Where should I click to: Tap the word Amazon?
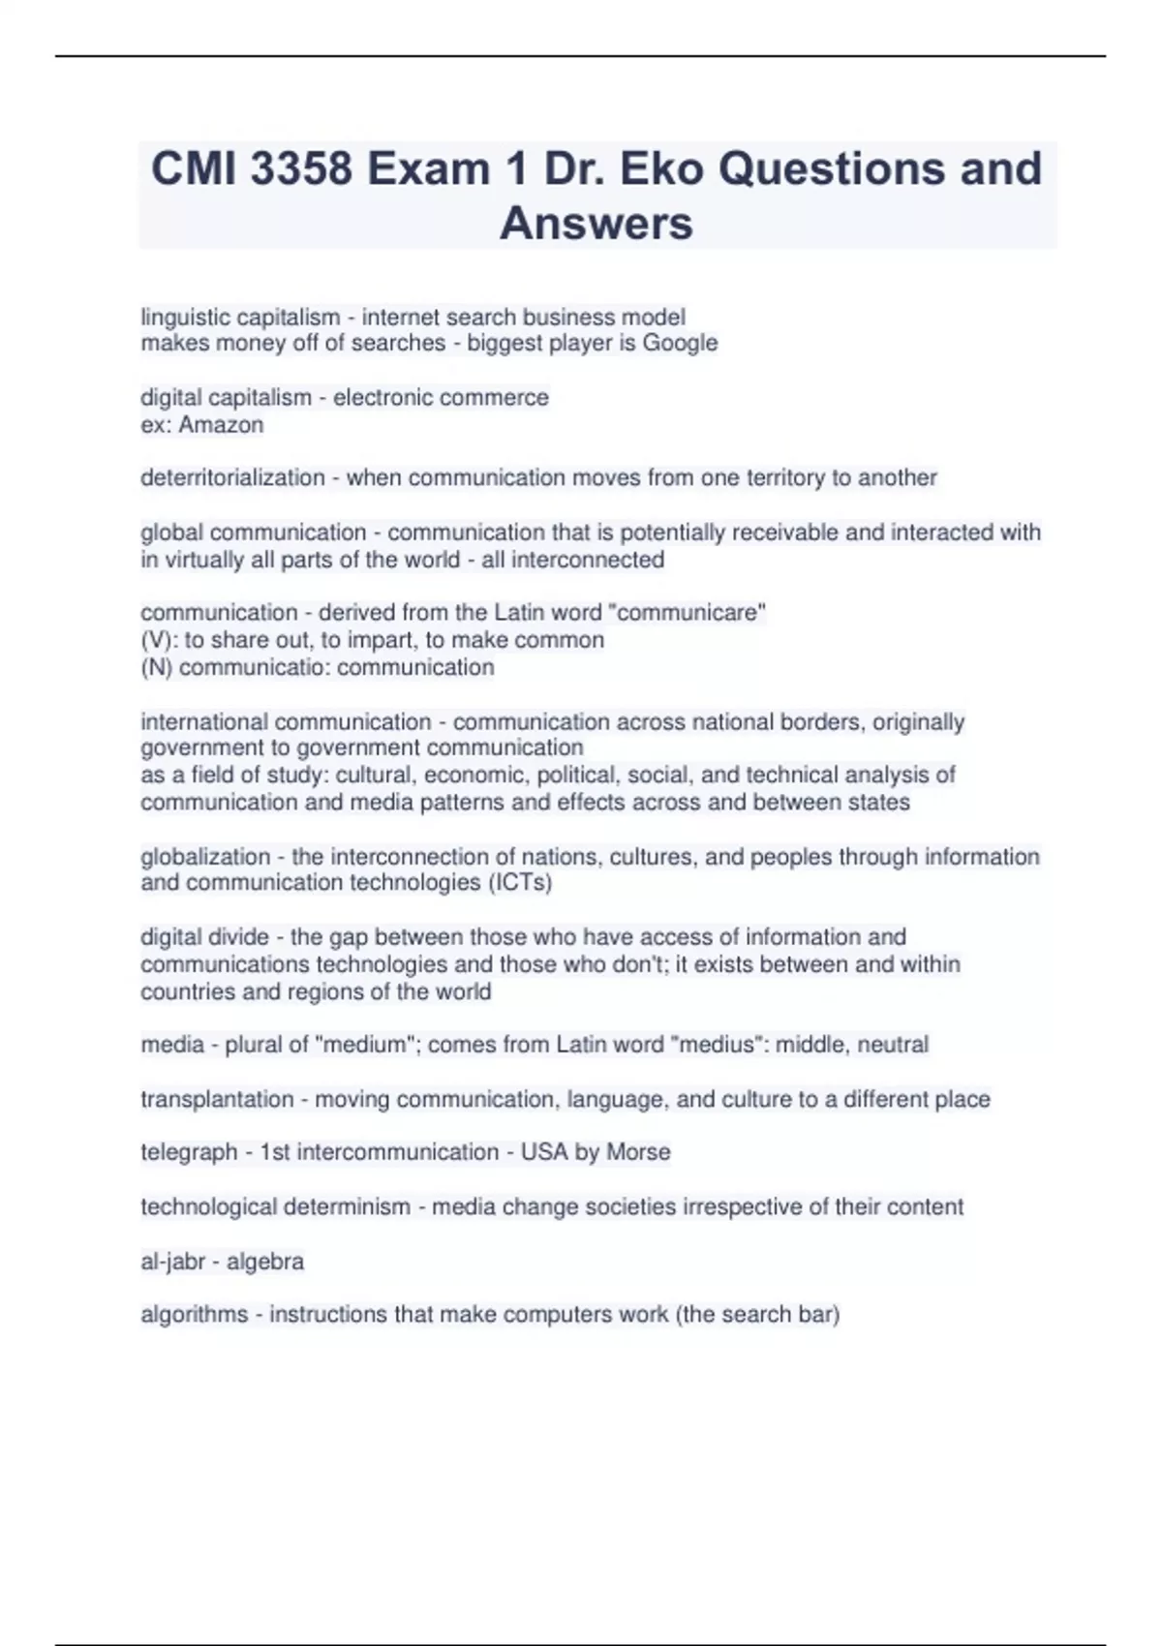(x=221, y=425)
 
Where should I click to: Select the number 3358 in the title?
(x=301, y=168)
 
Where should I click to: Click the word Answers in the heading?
(x=596, y=223)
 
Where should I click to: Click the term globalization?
(x=204, y=857)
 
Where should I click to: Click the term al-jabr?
(x=173, y=1262)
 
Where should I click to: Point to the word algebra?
(x=265, y=1262)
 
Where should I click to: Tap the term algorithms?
(x=194, y=1315)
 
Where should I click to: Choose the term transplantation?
(x=217, y=1099)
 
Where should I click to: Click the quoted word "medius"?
(x=717, y=1045)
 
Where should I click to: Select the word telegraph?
(x=189, y=1152)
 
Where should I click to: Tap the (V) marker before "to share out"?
(x=158, y=640)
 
